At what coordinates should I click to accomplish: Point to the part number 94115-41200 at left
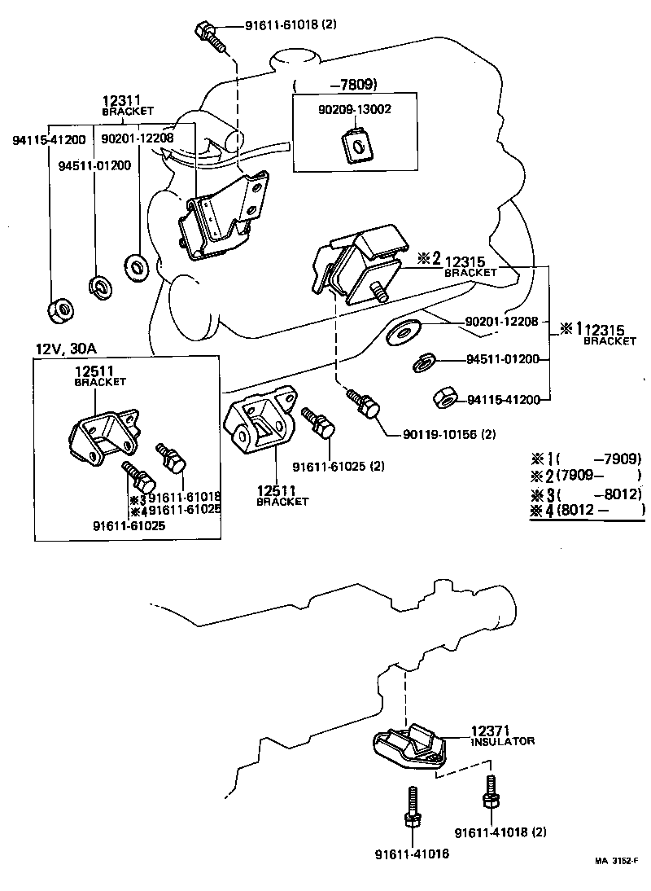[49, 140]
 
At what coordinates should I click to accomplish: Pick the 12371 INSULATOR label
[502, 735]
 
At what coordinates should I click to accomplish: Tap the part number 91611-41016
[411, 854]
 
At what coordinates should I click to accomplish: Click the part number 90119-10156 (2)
[448, 434]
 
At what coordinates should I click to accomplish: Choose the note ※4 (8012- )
[586, 511]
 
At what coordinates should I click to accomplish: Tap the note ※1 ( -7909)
[586, 459]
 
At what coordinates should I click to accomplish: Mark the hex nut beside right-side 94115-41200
[443, 397]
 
